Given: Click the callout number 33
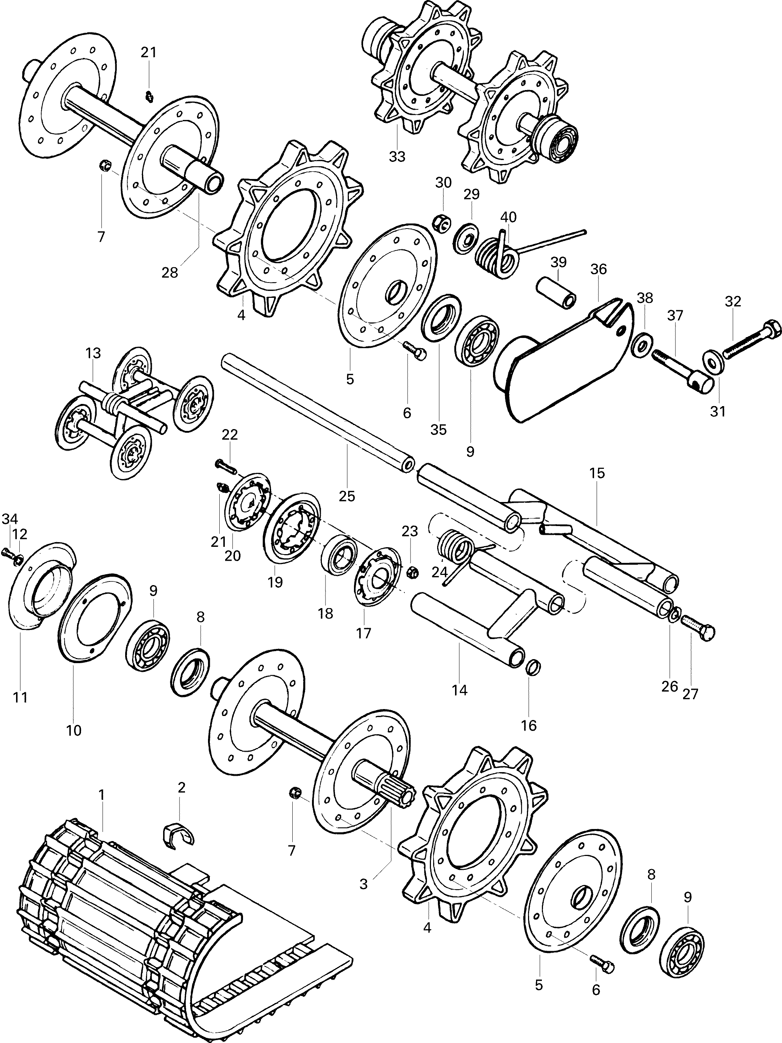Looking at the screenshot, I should [x=397, y=156].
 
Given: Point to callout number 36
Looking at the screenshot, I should [x=598, y=269].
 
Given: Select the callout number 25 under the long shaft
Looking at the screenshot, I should [x=347, y=496].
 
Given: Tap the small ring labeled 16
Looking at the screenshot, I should [x=533, y=668].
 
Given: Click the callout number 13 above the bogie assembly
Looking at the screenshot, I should [x=93, y=353].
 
